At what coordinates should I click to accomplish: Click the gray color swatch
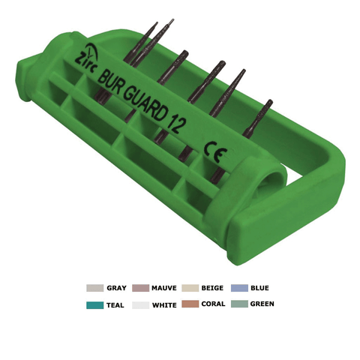coord(94,288)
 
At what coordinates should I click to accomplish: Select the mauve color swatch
coord(140,288)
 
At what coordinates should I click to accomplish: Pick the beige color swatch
coord(190,288)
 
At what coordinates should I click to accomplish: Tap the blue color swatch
coord(239,288)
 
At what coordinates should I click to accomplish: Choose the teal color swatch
coord(94,305)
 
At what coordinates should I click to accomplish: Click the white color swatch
coord(140,305)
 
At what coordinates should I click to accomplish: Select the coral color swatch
coord(190,304)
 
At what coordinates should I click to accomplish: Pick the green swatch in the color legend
coord(239,304)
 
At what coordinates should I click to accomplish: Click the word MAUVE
coord(164,288)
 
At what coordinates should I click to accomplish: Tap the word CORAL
coord(213,304)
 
